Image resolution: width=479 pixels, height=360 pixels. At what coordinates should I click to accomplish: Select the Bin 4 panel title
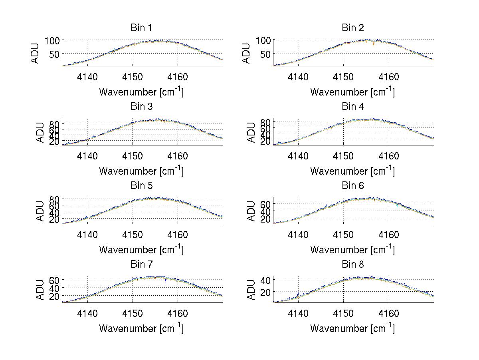(352, 107)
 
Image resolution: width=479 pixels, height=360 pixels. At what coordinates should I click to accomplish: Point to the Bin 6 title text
(352, 186)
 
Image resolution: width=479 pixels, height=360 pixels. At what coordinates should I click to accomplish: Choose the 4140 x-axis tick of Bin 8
(298, 313)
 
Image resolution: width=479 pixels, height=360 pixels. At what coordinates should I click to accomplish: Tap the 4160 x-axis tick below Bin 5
(178, 234)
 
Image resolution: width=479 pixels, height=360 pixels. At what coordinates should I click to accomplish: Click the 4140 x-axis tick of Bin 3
(87, 155)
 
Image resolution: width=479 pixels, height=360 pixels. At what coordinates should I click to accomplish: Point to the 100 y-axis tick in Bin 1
(52, 40)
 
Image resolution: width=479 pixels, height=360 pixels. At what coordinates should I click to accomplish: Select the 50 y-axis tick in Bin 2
(266, 54)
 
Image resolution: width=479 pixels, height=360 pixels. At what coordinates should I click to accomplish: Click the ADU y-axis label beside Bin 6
(251, 211)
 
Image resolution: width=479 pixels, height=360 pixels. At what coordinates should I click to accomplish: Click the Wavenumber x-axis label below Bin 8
(352, 328)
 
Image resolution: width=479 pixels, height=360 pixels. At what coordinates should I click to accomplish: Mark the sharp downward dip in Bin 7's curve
(166, 281)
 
